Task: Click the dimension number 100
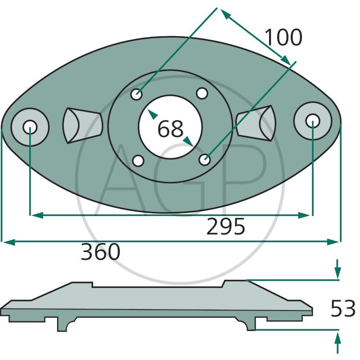click(283, 37)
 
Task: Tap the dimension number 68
click(171, 129)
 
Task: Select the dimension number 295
click(226, 227)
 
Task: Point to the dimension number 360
click(100, 252)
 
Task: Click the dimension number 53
click(343, 309)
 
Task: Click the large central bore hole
click(171, 127)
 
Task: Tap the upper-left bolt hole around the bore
click(136, 94)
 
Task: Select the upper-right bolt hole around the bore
click(202, 94)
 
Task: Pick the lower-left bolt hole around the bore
click(139, 161)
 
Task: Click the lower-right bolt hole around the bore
click(205, 159)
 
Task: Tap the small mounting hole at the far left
click(30, 127)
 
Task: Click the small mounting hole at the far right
click(312, 121)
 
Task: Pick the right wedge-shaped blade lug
click(256, 123)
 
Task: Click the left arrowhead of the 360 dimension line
click(8, 242)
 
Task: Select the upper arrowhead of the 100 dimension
click(226, 15)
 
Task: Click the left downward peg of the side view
click(65, 324)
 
